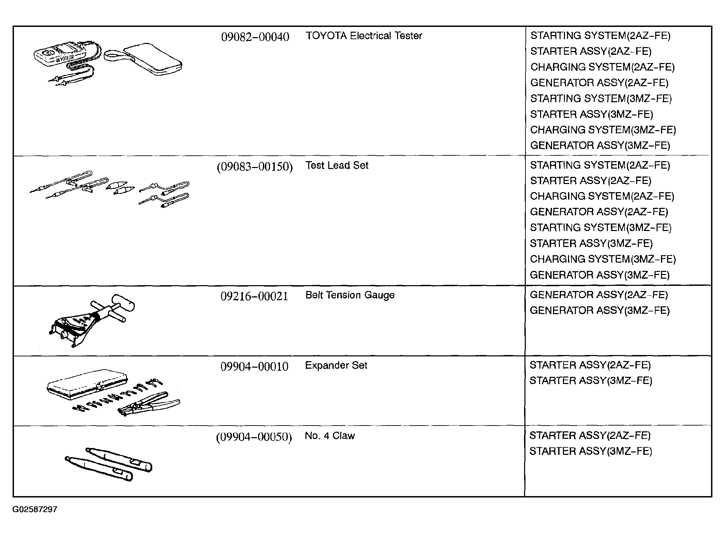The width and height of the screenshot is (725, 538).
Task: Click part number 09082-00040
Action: pyautogui.click(x=255, y=37)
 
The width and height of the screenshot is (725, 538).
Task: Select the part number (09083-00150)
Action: pyautogui.click(x=255, y=167)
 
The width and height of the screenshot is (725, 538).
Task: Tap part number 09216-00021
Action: pyautogui.click(x=254, y=296)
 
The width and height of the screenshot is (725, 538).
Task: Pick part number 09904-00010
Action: pyautogui.click(x=254, y=367)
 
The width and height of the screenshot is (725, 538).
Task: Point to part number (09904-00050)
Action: pyautogui.click(x=254, y=437)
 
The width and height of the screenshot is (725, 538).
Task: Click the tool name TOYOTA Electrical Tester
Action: pyautogui.click(x=364, y=36)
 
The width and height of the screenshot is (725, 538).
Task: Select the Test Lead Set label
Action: pyautogui.click(x=337, y=165)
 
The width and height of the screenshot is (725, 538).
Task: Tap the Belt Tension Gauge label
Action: pyautogui.click(x=350, y=295)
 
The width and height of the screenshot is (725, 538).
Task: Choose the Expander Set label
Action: pyautogui.click(x=336, y=365)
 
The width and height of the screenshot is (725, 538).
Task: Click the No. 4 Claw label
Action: pyautogui.click(x=330, y=436)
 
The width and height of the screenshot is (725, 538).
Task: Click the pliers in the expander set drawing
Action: pyautogui.click(x=149, y=404)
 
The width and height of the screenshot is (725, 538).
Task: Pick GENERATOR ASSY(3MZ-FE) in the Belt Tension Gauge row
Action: pyautogui.click(x=600, y=311)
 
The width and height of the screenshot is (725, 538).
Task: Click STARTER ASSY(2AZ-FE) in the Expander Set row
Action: pyautogui.click(x=590, y=365)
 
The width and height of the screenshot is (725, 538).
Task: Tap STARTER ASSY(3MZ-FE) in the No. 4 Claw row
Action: pyautogui.click(x=590, y=451)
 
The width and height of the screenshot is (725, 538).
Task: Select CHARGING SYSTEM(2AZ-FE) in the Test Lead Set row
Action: pyautogui.click(x=602, y=196)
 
